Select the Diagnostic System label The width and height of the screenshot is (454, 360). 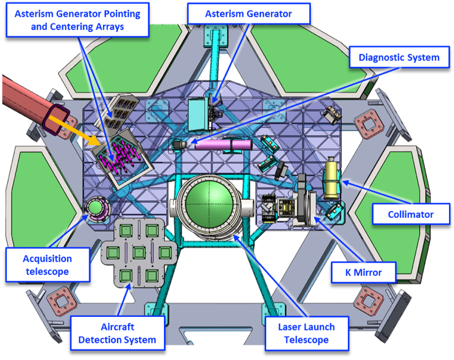[x=395, y=58]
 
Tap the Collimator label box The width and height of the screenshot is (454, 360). [x=411, y=215]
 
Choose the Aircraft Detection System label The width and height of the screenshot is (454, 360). [x=117, y=333]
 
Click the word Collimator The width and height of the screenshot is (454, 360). [x=411, y=215]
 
